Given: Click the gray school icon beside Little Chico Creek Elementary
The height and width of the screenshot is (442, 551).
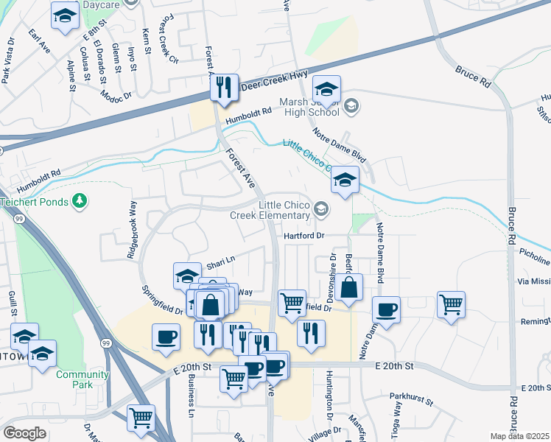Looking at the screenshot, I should (321, 210).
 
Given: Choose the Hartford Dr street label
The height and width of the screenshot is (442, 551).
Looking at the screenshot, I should (305, 236).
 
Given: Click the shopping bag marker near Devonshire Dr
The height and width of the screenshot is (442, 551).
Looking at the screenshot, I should (351, 287).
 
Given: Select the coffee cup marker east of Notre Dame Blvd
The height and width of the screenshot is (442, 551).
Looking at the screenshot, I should (386, 309).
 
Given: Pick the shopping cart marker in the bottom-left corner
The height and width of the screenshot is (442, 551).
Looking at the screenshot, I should (141, 418).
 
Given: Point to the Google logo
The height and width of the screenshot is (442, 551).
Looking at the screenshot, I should (25, 432).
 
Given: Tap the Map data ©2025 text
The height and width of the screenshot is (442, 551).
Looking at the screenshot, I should (519, 436).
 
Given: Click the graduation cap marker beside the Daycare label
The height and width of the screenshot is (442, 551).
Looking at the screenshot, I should (66, 15).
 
